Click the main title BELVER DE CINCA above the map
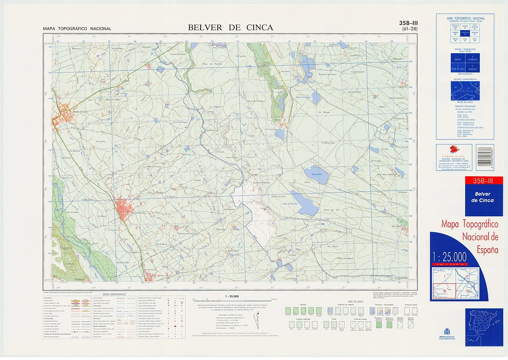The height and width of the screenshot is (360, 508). pos(230,27)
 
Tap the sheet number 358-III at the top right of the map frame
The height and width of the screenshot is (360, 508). pos(408,23)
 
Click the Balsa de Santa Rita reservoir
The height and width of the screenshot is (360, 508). pos(304,202)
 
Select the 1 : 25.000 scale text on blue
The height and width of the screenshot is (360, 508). pos(449,257)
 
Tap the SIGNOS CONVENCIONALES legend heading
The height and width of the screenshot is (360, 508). pos(115,294)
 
